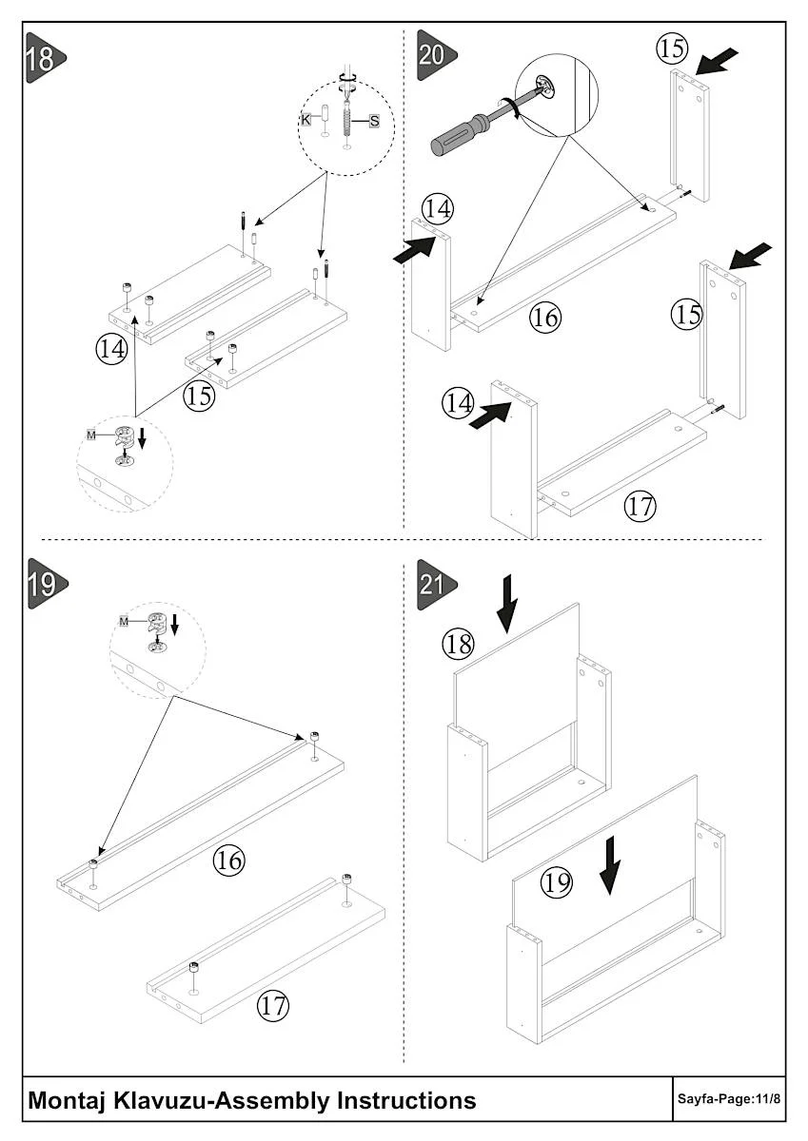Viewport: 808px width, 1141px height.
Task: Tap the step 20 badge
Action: [x=435, y=54]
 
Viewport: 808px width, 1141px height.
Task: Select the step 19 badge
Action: [x=43, y=584]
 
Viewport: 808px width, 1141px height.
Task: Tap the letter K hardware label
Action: [x=305, y=119]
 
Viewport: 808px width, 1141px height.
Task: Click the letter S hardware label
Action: [x=374, y=121]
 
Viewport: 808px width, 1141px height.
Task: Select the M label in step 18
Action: [x=91, y=435]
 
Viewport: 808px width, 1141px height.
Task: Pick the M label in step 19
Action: [x=125, y=621]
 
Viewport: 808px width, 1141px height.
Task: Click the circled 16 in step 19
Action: [x=228, y=861]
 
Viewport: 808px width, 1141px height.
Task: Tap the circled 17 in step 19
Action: [x=273, y=1005]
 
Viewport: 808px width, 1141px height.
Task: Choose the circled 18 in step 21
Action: [x=458, y=645]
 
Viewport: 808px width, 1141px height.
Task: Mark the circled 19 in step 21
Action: [x=557, y=883]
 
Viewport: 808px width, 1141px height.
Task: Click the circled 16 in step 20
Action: [x=545, y=317]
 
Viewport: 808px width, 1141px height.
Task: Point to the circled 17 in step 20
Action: [x=640, y=506]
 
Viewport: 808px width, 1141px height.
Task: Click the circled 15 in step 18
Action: [x=199, y=396]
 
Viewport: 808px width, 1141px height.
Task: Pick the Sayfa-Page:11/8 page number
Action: [x=729, y=1100]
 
